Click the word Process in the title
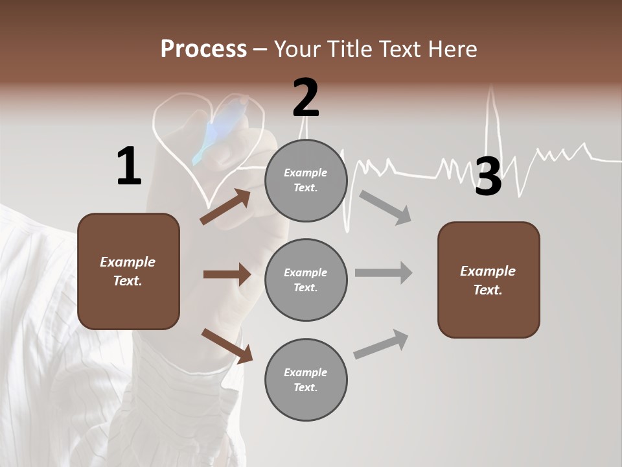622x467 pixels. click(x=203, y=49)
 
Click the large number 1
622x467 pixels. click(x=129, y=167)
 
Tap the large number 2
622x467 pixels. click(x=306, y=98)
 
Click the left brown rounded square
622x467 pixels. click(x=128, y=271)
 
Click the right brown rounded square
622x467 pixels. click(x=488, y=280)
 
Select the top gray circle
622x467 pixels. click(x=306, y=180)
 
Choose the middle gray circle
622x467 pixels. click(x=306, y=280)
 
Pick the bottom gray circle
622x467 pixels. click(x=306, y=380)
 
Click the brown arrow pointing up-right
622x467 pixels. click(x=225, y=207)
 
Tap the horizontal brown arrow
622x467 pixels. click(x=227, y=274)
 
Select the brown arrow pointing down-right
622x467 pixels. click(x=227, y=346)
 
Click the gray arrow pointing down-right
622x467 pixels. click(x=386, y=207)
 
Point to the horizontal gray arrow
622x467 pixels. click(x=383, y=272)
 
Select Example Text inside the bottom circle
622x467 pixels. click(x=306, y=380)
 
